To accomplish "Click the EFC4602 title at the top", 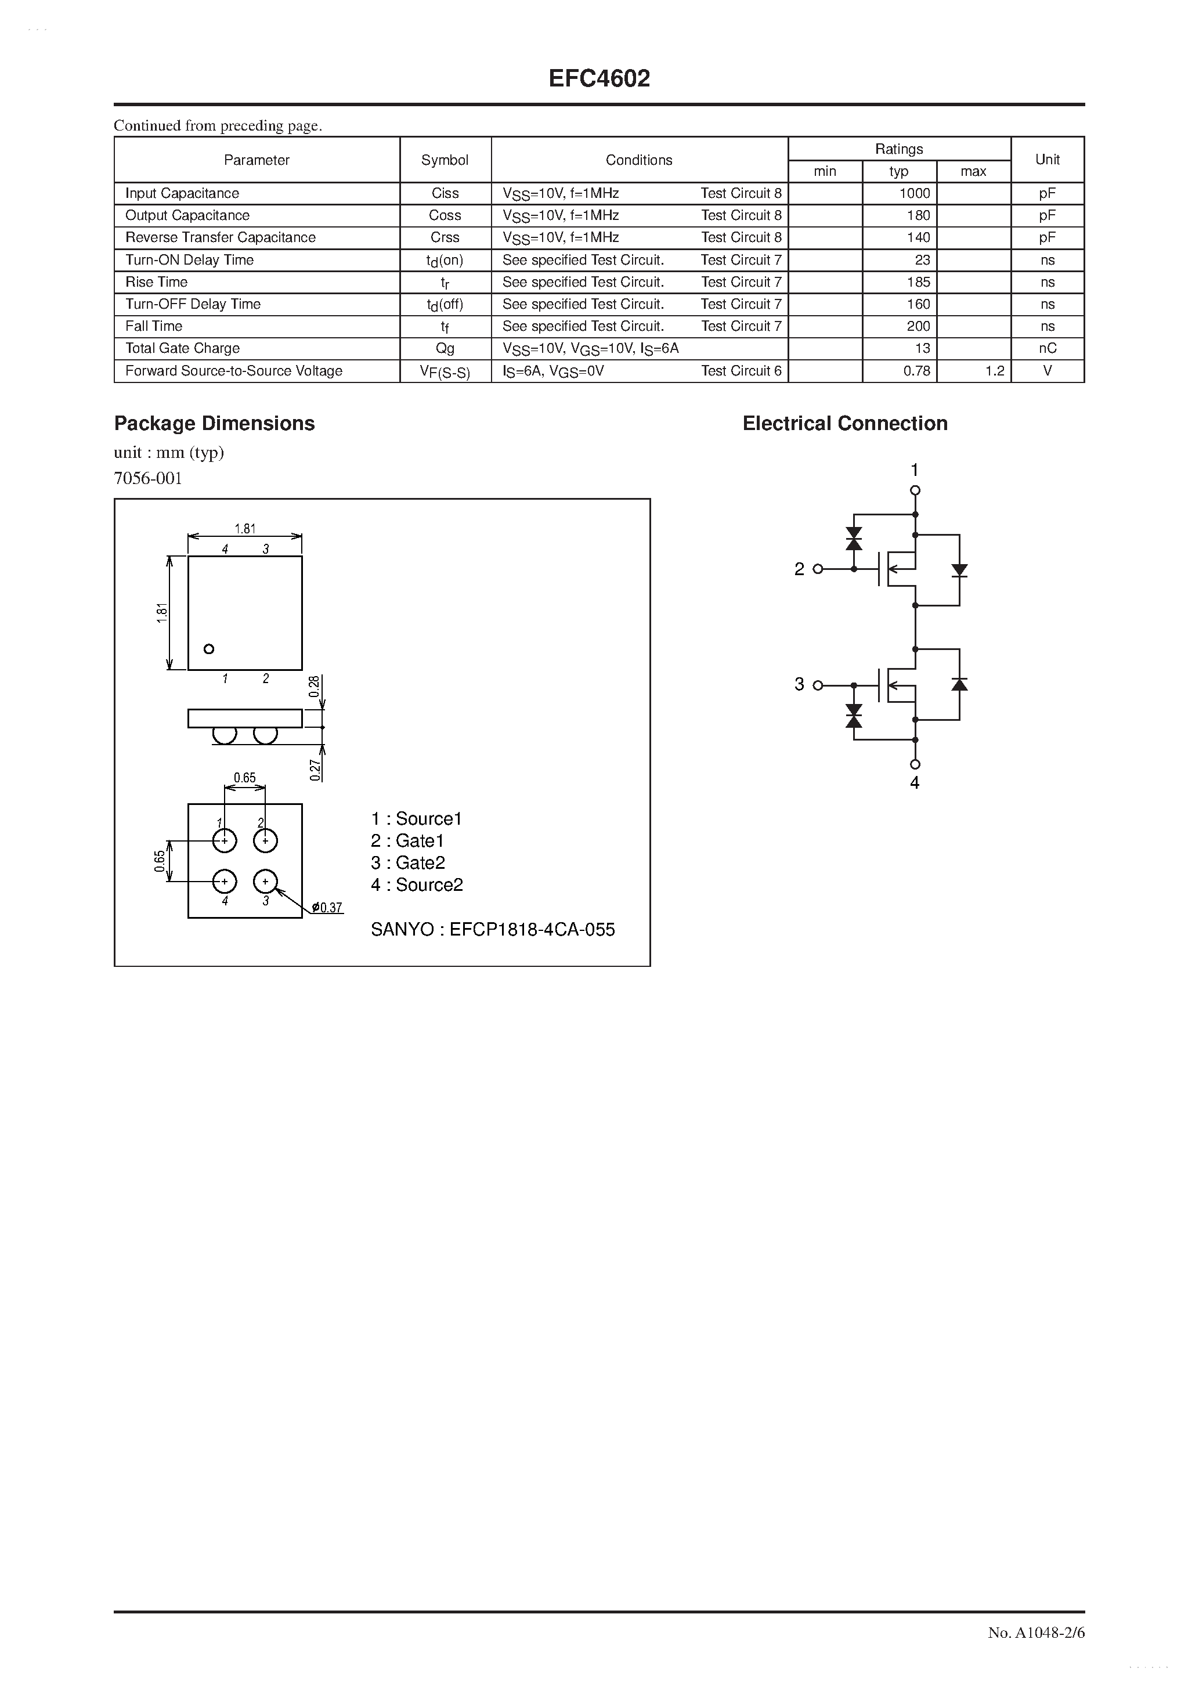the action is pos(599,78).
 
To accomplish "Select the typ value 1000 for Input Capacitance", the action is pos(915,193).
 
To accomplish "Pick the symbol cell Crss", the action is pos(445,237).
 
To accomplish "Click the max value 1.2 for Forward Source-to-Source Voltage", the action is pos(994,371).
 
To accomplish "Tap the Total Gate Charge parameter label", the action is pos(183,348).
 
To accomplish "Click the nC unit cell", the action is pos(1047,348).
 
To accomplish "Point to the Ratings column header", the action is pos(899,149).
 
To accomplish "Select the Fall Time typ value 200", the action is pos(918,326).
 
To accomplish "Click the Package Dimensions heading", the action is pos(214,424).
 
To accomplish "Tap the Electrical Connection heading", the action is pos(845,424).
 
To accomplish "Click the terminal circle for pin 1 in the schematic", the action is pos(915,490).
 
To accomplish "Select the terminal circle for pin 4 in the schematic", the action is pos(915,764).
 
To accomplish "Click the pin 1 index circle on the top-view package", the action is pos(209,649).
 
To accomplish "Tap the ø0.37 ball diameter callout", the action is pos(327,908).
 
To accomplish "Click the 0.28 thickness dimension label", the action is pos(314,686).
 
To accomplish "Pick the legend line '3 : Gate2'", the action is pos(408,862).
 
